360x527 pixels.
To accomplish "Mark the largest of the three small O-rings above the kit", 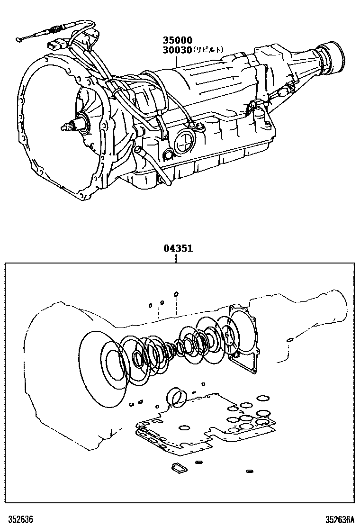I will (x=176, y=294).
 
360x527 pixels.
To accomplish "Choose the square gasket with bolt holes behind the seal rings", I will (x=244, y=336).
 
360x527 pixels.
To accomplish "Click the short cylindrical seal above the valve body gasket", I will (x=177, y=397).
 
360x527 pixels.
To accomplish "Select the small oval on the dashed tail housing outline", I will (x=288, y=340).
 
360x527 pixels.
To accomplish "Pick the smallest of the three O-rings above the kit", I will (x=150, y=305).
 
